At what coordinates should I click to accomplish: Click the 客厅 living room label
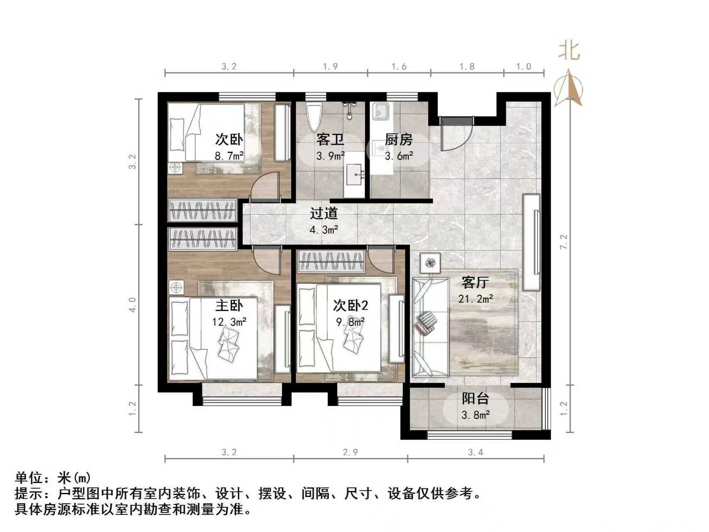[475, 283]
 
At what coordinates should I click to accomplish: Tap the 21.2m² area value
[476, 298]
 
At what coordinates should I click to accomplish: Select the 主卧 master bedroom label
[229, 305]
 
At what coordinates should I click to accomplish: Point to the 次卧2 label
[351, 305]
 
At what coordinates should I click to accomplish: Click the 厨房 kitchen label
[398, 140]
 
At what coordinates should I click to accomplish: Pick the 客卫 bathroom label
[330, 140]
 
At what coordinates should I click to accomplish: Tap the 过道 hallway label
[324, 214]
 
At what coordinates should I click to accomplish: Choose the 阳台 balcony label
[475, 399]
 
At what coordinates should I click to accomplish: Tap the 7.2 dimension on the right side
[563, 242]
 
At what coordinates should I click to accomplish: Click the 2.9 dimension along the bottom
[350, 452]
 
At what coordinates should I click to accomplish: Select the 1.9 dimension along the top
[330, 66]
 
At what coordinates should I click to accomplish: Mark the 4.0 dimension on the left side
[132, 305]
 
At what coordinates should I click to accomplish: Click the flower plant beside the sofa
[430, 263]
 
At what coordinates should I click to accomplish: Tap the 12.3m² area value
[229, 322]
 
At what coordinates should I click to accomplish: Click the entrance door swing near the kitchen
[455, 135]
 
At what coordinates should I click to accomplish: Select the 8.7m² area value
[229, 156]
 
